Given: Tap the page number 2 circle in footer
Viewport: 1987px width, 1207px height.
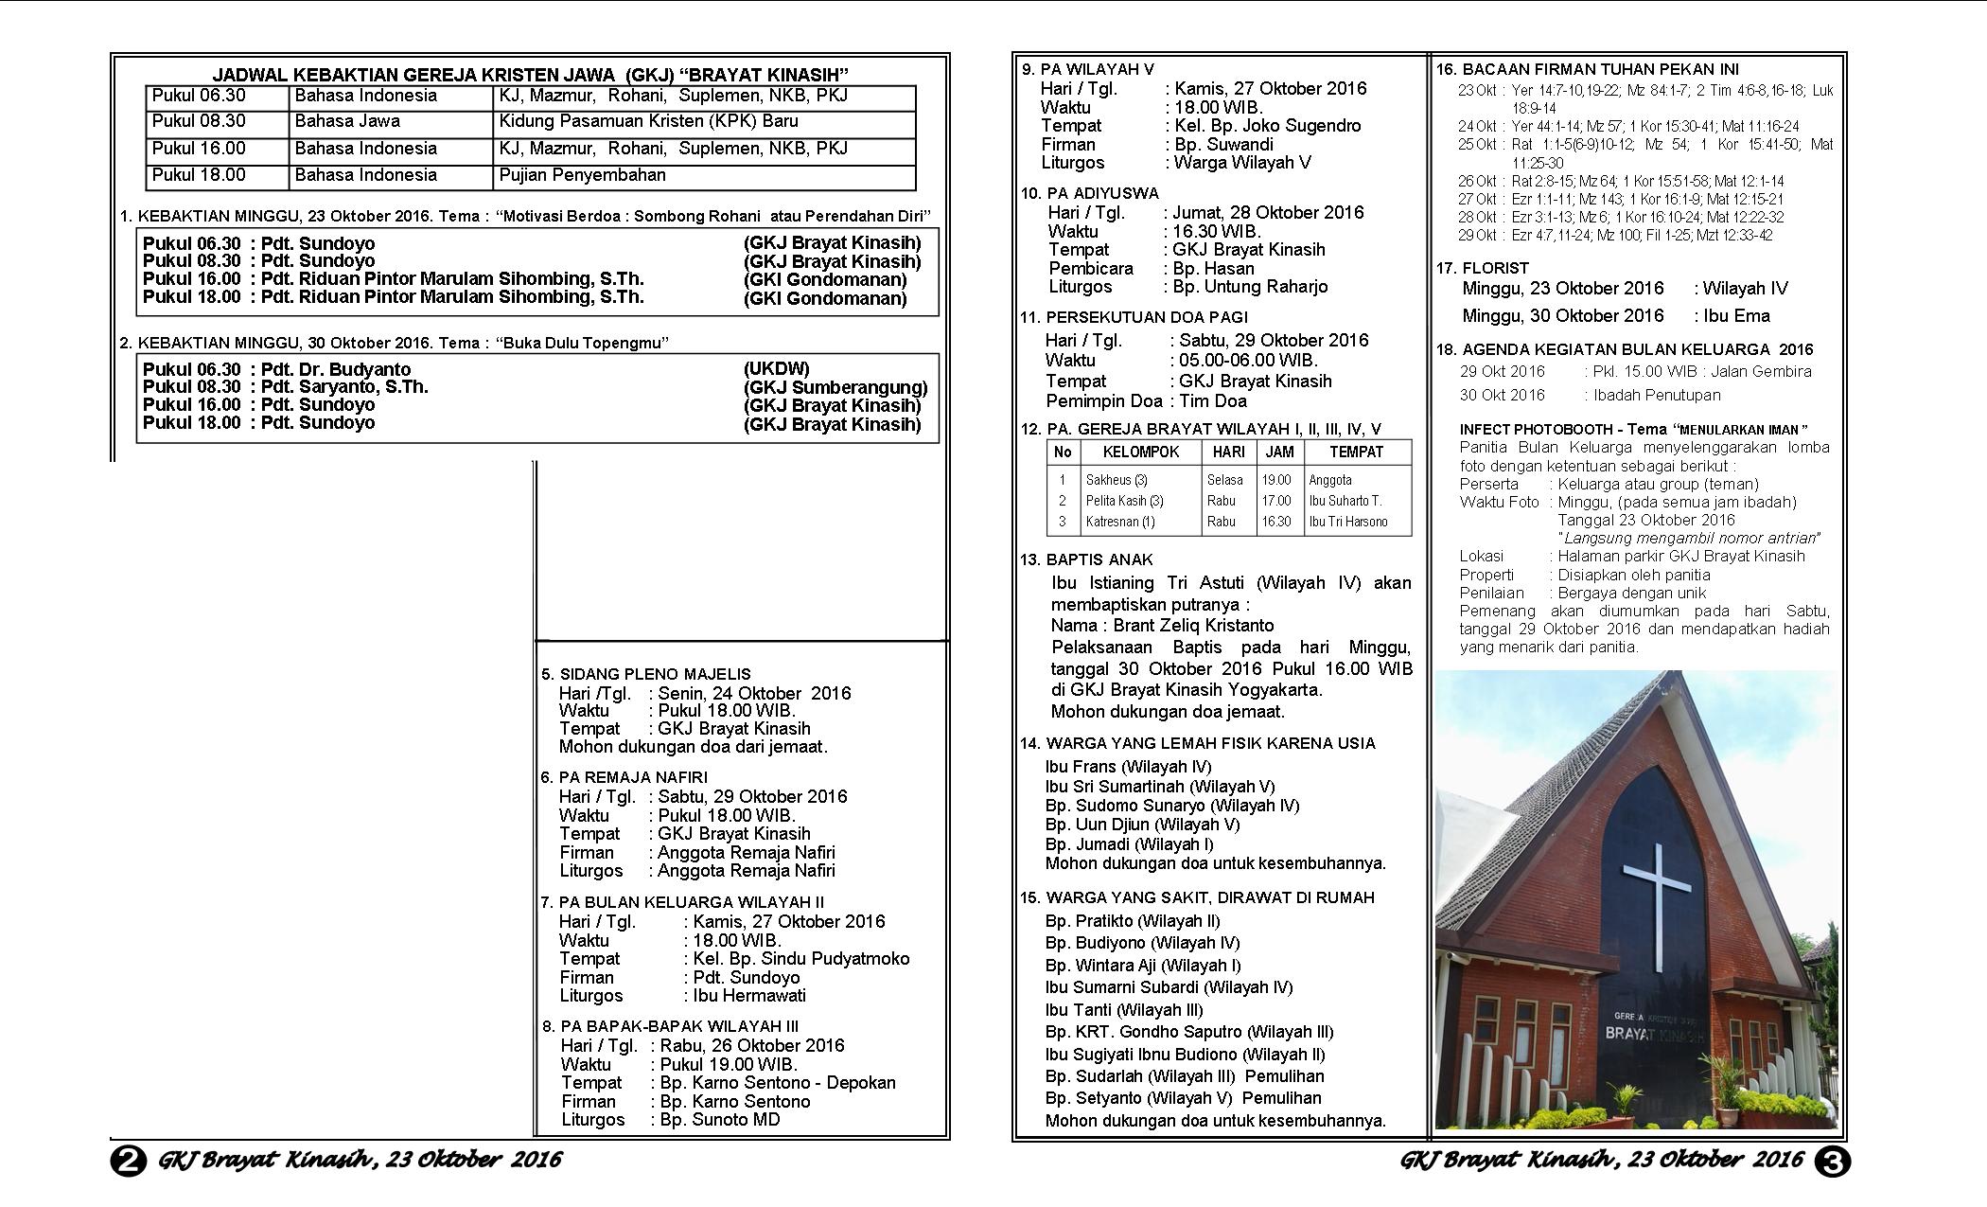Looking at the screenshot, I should pyautogui.click(x=129, y=1161).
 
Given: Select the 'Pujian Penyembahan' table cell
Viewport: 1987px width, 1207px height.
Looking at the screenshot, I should pyautogui.click(x=582, y=176).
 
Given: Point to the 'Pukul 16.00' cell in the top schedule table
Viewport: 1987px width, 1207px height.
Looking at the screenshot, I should pyautogui.click(x=199, y=149).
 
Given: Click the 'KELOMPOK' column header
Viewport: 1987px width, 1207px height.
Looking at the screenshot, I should pyautogui.click(x=1141, y=453).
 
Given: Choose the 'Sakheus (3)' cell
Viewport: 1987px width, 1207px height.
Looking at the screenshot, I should pyautogui.click(x=1117, y=480).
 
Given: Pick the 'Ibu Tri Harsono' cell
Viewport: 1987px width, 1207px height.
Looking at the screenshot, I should pyautogui.click(x=1348, y=522).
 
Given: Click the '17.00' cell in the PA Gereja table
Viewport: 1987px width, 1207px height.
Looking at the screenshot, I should pyautogui.click(x=1275, y=501).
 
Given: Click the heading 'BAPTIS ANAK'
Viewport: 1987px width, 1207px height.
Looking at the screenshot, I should pyautogui.click(x=1099, y=559).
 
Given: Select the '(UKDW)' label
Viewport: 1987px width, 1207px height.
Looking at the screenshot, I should pyautogui.click(x=777, y=369).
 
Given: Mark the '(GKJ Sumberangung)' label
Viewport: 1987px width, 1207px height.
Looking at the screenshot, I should pyautogui.click(x=835, y=387).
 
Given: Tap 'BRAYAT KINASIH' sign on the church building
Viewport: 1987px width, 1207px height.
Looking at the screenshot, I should pyautogui.click(x=1654, y=1035).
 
